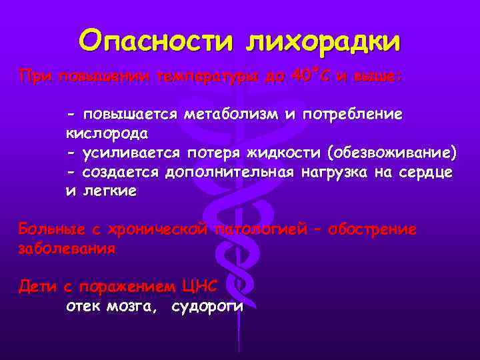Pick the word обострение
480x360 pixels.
[x=369, y=230]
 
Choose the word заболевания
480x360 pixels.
[x=67, y=249]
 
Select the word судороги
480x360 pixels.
[x=207, y=307]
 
